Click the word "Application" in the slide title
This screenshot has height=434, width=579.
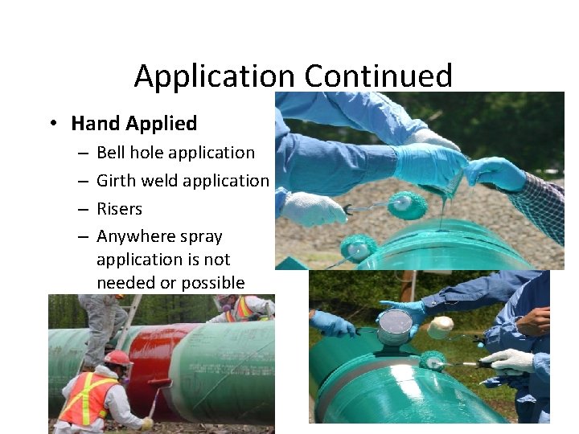click(215, 76)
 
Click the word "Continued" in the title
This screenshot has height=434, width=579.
click(378, 76)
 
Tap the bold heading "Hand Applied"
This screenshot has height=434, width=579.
click(133, 123)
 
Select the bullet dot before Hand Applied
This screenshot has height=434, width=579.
click(52, 123)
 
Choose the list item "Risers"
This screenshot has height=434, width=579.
click(119, 208)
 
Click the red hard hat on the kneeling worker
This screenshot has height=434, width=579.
click(117, 358)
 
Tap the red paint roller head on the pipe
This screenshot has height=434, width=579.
click(158, 383)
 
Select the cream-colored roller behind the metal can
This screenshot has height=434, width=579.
click(441, 327)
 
